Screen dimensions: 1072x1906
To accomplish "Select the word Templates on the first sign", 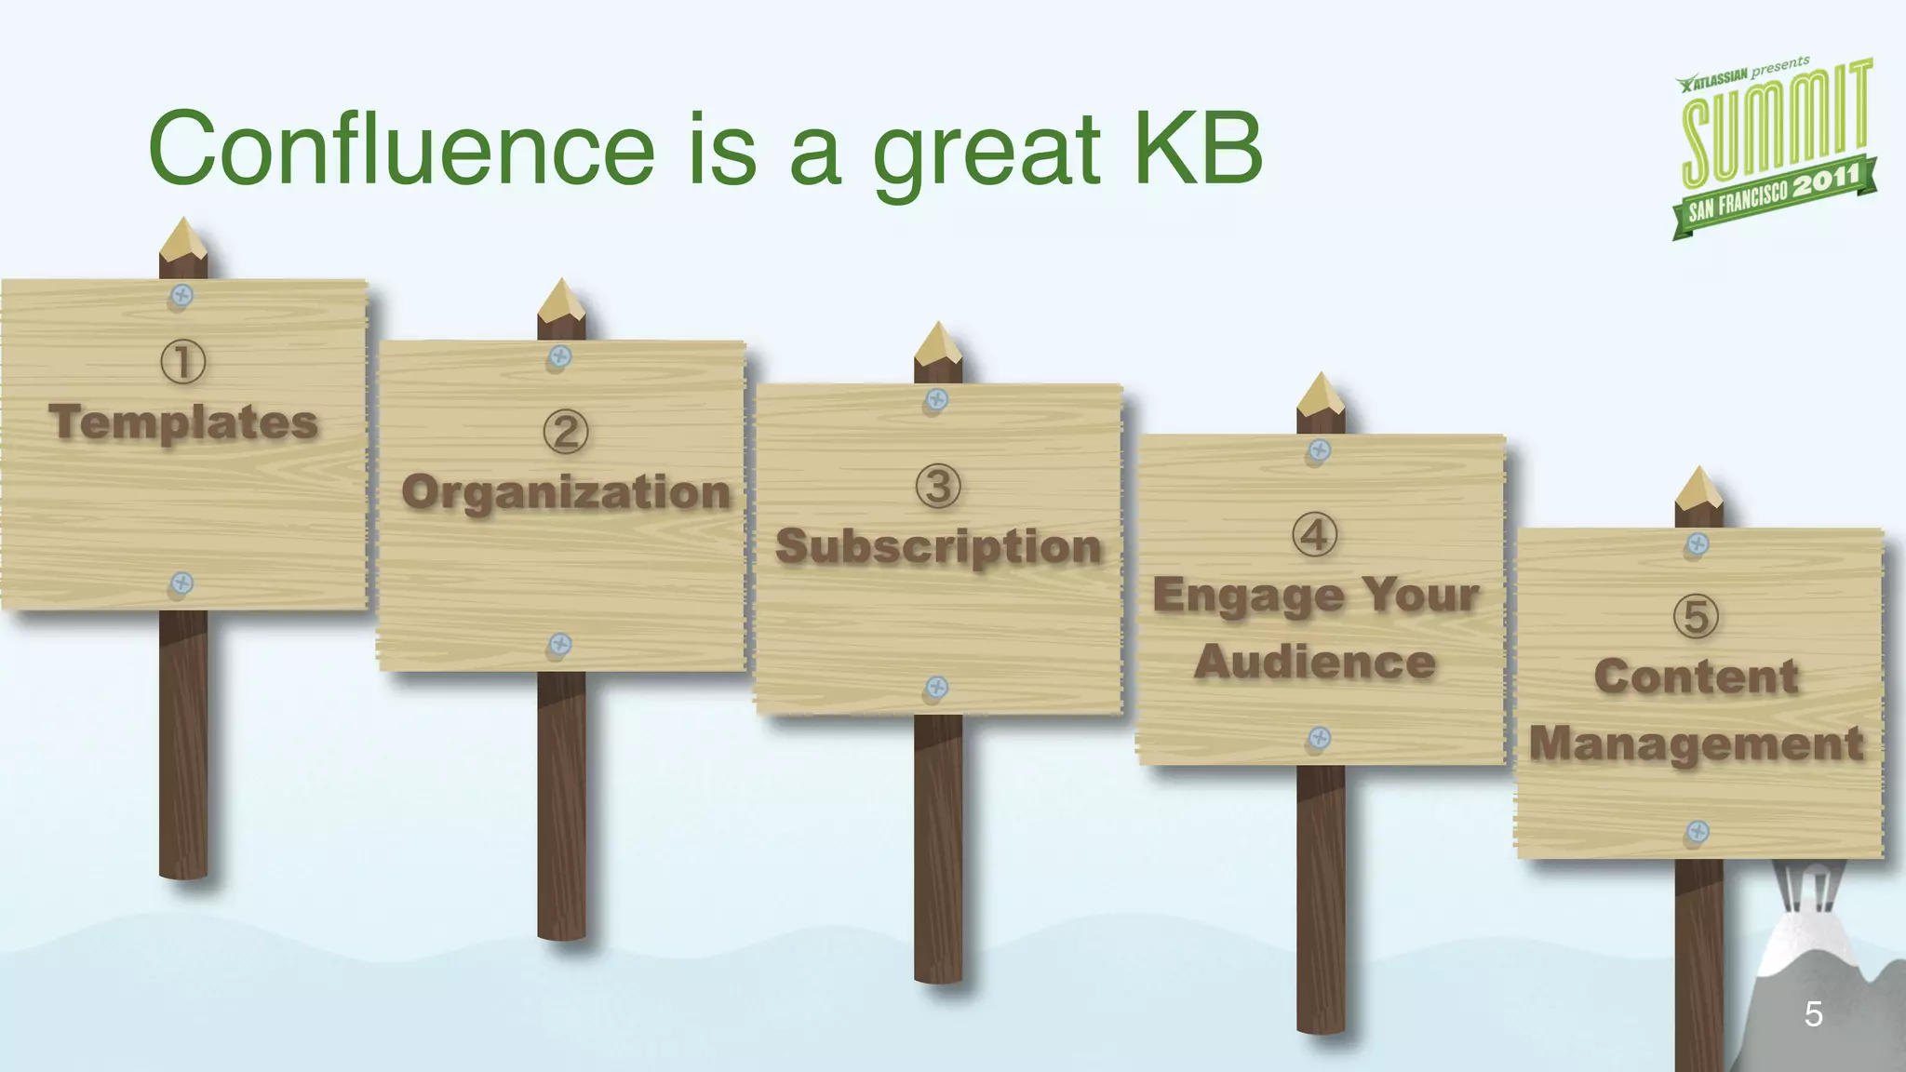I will (183, 422).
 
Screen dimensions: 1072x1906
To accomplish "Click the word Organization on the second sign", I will (566, 492).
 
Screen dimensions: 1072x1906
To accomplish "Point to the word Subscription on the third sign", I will (938, 546).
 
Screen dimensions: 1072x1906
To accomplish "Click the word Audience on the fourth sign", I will (1314, 663).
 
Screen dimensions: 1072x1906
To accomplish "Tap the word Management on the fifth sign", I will (1696, 744).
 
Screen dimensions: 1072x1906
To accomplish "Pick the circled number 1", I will (182, 362).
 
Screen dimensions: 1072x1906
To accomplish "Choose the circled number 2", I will (565, 433).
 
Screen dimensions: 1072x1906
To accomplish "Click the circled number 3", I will (938, 487).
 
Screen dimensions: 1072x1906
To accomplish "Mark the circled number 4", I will (1314, 535).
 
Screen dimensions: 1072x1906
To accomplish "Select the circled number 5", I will (1696, 616).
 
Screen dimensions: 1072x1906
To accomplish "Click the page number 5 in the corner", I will (1813, 1013).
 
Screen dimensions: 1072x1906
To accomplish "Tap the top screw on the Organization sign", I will (559, 356).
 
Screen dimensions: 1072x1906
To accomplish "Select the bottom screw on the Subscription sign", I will (937, 689).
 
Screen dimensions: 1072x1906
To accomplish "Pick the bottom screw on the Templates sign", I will (181, 583).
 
